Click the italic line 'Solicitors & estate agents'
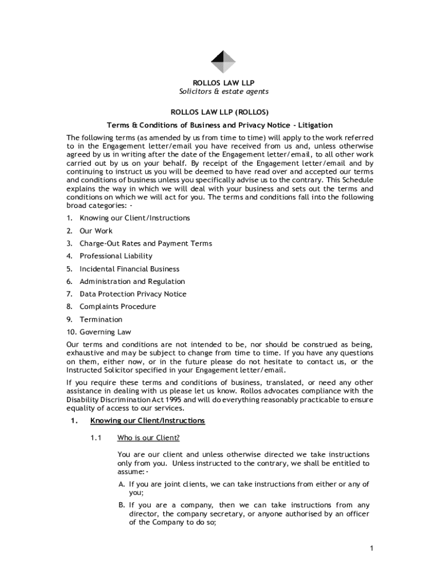tap(223, 91)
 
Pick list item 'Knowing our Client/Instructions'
tap(135, 218)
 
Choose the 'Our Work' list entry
tap(96, 231)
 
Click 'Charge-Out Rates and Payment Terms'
tap(146, 243)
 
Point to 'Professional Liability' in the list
tap(116, 256)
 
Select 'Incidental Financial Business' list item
tap(129, 269)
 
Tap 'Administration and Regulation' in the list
tap(132, 281)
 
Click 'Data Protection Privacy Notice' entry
tap(133, 294)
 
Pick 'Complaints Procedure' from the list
tap(118, 306)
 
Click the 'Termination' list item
tap(101, 319)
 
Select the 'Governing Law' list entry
tap(105, 332)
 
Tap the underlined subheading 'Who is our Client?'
tap(149, 438)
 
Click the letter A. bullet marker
tap(122, 484)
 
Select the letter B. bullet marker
tap(122, 505)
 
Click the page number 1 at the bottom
tap(371, 549)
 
